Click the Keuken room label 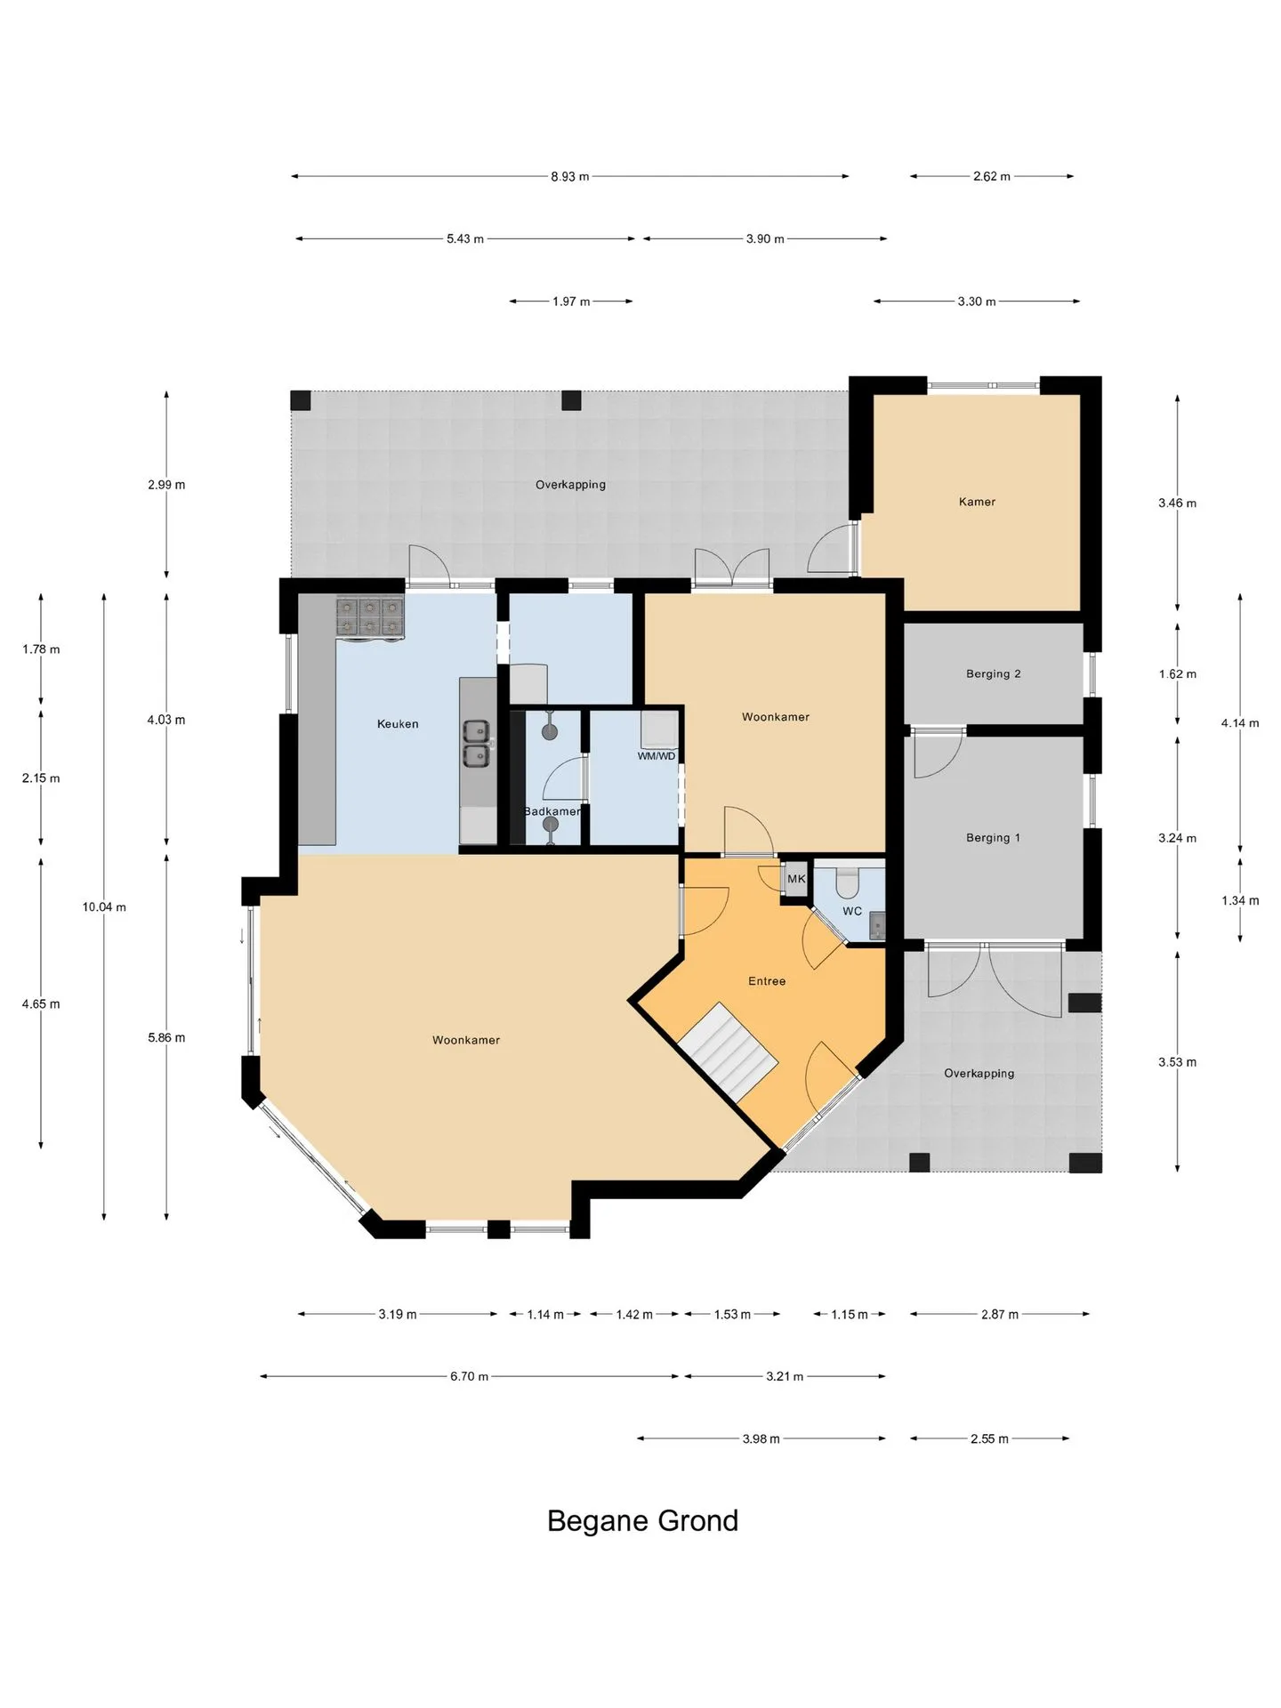coord(398,724)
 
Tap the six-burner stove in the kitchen coord(370,617)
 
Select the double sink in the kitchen coord(476,743)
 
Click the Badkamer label coord(552,811)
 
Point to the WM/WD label coord(657,756)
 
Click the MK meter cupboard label coord(796,879)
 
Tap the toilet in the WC coord(849,881)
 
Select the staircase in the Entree coord(728,1053)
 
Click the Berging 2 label coord(993,674)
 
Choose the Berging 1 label coord(993,838)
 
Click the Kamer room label coord(977,502)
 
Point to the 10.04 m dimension coord(104,907)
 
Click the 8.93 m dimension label coord(570,176)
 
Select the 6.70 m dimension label coord(469,1376)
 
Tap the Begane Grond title coord(642,1520)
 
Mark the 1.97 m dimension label coord(571,302)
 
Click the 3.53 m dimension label coord(1177,1062)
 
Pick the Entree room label coord(767,981)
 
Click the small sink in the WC coord(877,927)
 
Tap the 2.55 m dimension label coord(989,1438)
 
